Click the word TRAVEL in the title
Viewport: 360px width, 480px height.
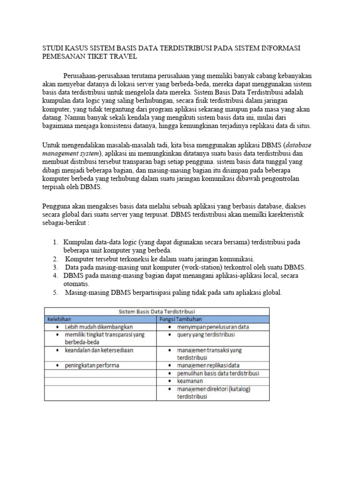click(x=123, y=57)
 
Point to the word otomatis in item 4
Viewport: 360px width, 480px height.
click(x=77, y=284)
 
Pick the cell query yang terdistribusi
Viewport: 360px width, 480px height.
click(x=206, y=335)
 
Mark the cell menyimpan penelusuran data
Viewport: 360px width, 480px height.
click(x=213, y=327)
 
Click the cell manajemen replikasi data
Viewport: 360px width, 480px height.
click(x=209, y=365)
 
